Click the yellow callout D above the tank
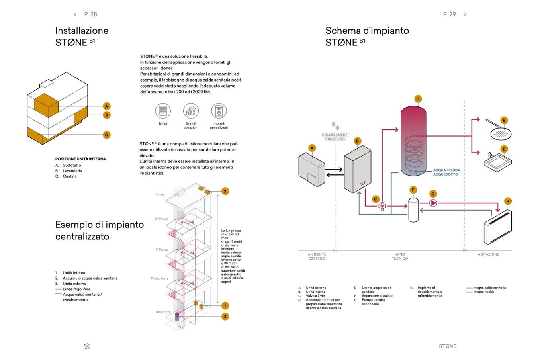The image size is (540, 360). pyautogui.click(x=418, y=99)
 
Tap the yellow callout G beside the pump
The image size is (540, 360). pyautogui.click(x=433, y=194)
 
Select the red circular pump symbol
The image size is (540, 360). pyautogui.click(x=433, y=203)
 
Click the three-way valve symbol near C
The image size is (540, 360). pyautogui.click(x=382, y=206)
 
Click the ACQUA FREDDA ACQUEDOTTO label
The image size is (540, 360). pyautogui.click(x=446, y=172)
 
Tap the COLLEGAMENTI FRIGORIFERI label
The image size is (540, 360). pyautogui.click(x=335, y=137)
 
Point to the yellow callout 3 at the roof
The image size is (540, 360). pyautogui.click(x=225, y=191)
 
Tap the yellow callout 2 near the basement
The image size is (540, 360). pyautogui.click(x=225, y=317)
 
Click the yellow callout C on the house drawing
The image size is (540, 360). pyautogui.click(x=106, y=135)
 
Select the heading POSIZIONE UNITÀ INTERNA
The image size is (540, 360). pyautogui.click(x=80, y=159)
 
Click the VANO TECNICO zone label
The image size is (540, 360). pyautogui.click(x=399, y=256)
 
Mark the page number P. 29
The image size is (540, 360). pyautogui.click(x=449, y=14)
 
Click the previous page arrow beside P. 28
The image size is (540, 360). pyautogui.click(x=75, y=14)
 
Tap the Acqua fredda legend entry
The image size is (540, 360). pyautogui.click(x=484, y=292)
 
